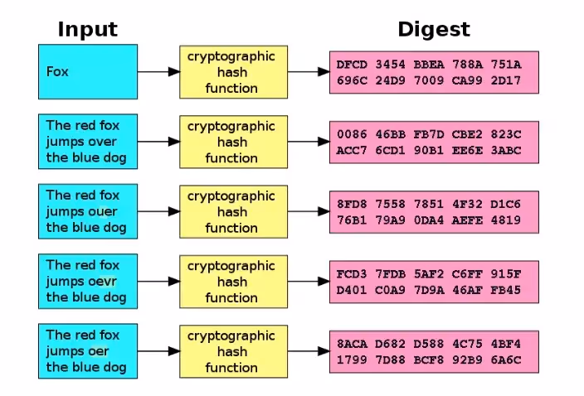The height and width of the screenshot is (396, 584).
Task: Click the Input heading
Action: pyautogui.click(x=87, y=29)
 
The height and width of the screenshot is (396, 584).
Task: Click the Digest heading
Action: pyautogui.click(x=433, y=29)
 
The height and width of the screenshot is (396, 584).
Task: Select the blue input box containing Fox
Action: pyautogui.click(x=87, y=71)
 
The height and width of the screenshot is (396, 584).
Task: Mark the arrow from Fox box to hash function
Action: pyautogui.click(x=158, y=72)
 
